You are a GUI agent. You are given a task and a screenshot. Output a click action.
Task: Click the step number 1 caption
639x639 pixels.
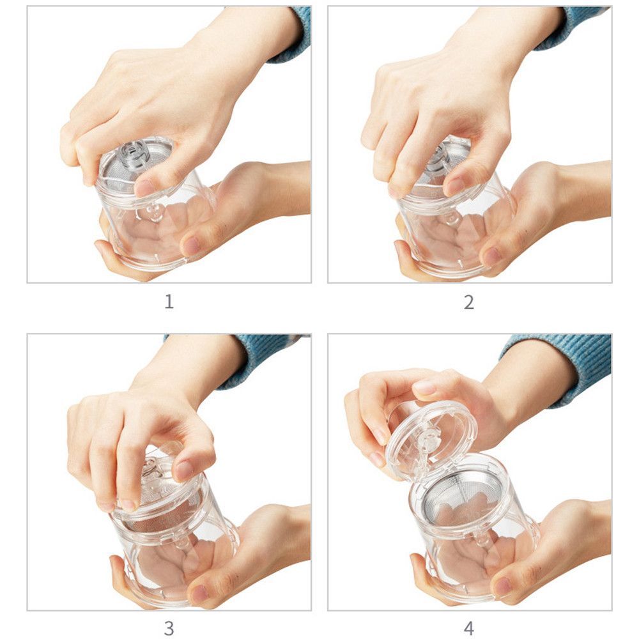(x=169, y=302)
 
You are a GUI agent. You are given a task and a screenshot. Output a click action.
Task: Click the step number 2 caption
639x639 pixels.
(x=469, y=302)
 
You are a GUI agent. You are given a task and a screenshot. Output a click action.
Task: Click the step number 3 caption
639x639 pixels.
(x=169, y=628)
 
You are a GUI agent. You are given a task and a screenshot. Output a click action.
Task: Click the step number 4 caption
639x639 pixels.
(x=469, y=628)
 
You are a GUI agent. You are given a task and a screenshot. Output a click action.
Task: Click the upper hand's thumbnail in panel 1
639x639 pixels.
(x=144, y=187)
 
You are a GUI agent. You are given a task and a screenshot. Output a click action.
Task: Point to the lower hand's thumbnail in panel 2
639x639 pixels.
(x=493, y=256)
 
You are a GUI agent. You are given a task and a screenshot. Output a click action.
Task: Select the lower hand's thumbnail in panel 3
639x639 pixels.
(x=200, y=593)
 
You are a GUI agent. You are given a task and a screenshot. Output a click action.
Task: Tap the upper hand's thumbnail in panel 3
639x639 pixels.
(x=185, y=470)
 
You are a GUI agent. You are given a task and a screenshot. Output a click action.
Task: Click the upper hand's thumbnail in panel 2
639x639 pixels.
(x=455, y=185)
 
